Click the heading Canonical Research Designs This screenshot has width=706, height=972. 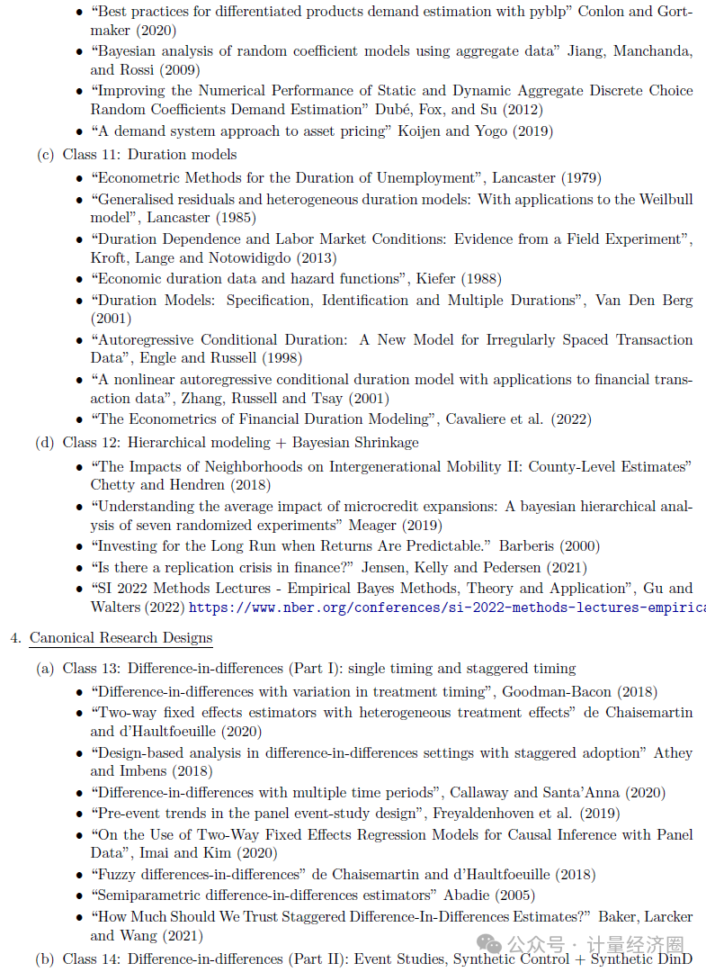tap(121, 638)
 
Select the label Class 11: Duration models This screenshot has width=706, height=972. tap(149, 155)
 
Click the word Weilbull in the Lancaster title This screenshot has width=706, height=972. tap(666, 200)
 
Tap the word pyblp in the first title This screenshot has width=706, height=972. tap(544, 13)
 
